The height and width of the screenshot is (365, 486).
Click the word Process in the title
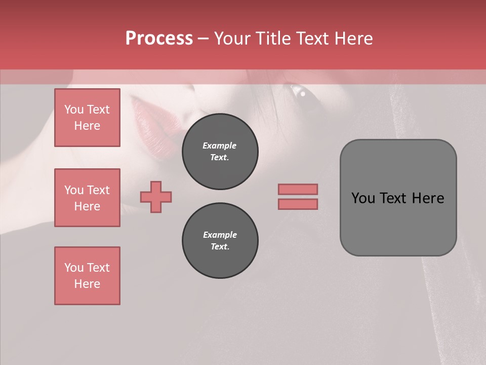(159, 39)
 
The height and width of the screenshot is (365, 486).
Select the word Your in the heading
(233, 39)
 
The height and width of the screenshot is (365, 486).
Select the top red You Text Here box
(87, 118)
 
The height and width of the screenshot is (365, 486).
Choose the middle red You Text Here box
(87, 198)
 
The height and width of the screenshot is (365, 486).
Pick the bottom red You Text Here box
(87, 276)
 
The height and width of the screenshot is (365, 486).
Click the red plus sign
(156, 197)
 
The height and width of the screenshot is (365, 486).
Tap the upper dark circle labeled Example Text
(220, 152)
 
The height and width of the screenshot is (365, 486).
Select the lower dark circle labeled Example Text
(220, 241)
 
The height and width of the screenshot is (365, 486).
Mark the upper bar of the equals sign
(298, 189)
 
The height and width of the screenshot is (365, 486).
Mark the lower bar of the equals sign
(298, 204)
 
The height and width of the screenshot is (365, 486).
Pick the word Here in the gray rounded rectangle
(428, 198)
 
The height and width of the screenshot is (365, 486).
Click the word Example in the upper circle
(219, 145)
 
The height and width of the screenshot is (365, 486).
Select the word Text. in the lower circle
(220, 247)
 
